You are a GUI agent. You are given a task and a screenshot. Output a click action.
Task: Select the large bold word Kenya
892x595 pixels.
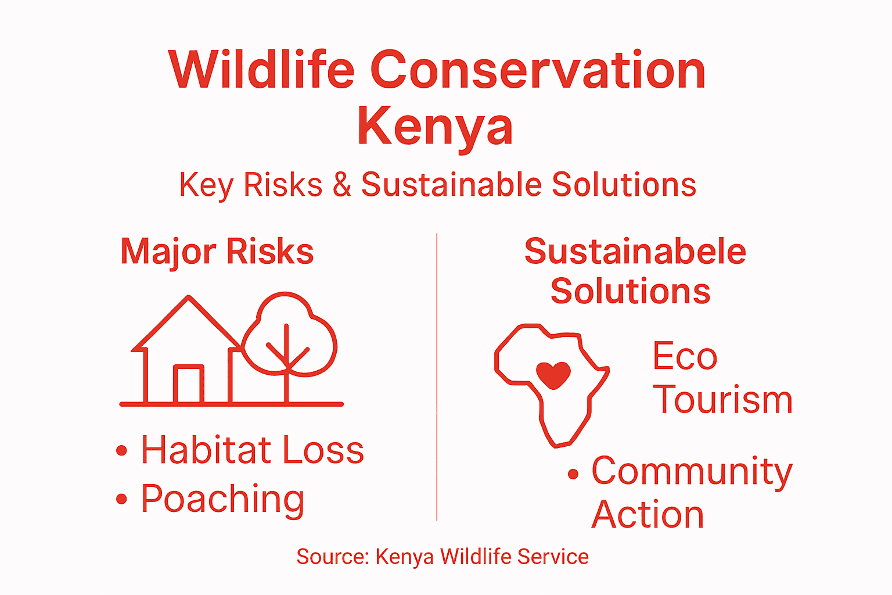436,127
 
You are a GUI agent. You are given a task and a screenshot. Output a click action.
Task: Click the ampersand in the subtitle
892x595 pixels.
342,185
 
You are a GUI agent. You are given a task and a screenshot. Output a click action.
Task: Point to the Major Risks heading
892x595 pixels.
217,252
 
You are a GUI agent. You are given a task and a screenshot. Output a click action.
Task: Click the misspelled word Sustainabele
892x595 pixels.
635,252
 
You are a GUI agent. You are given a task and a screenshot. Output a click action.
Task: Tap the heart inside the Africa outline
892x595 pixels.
553,375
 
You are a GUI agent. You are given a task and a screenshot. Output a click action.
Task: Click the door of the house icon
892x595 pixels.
189,384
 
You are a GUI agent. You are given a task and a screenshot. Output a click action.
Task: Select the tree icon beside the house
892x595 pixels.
289,337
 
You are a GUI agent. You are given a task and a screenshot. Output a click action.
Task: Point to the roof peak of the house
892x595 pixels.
189,297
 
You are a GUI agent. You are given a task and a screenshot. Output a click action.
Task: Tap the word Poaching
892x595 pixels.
223,499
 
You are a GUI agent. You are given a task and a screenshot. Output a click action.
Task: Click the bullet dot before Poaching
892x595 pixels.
121,499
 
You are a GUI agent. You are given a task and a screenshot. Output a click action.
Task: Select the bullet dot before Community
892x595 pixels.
573,475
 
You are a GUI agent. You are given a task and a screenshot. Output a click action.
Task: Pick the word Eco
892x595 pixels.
685,356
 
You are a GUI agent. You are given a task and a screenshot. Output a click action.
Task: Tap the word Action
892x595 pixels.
648,515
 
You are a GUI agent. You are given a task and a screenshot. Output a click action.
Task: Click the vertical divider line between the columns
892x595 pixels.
437,378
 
